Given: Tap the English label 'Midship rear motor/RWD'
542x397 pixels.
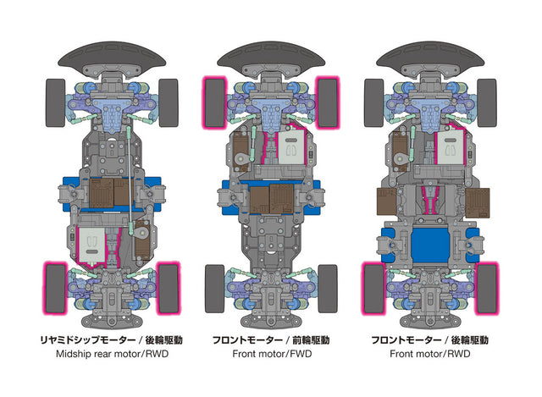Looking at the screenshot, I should [112, 356].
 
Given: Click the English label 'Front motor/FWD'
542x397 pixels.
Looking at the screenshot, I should [270, 356].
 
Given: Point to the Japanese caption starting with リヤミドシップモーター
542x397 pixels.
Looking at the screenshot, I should [112, 339].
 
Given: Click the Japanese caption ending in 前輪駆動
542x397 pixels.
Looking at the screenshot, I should [270, 339].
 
